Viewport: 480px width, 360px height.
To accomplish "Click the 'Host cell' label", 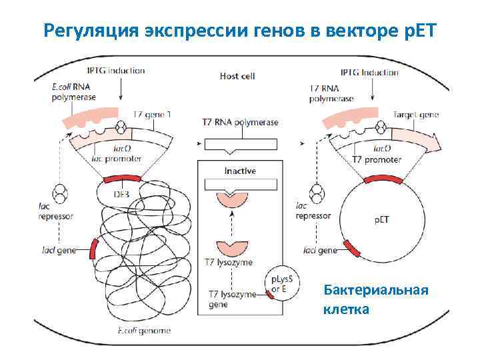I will pos(237,76).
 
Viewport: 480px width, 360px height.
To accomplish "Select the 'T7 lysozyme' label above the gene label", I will pos(231,263).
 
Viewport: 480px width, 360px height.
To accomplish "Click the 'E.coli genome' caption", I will pos(144,331).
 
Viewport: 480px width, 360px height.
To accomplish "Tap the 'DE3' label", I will pos(121,194).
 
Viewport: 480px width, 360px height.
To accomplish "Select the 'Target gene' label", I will pos(416,115).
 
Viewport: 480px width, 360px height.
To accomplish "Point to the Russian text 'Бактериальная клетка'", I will pos(375,299).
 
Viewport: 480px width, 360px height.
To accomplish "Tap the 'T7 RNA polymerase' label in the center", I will pos(240,123).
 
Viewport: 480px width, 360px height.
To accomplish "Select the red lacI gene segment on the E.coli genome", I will pos(93,248).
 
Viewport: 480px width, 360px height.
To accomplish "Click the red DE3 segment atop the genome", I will pos(122,179).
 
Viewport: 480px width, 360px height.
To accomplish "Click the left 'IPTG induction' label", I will pos(116,71).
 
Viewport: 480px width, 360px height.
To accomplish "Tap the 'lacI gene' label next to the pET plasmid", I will pos(320,251).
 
